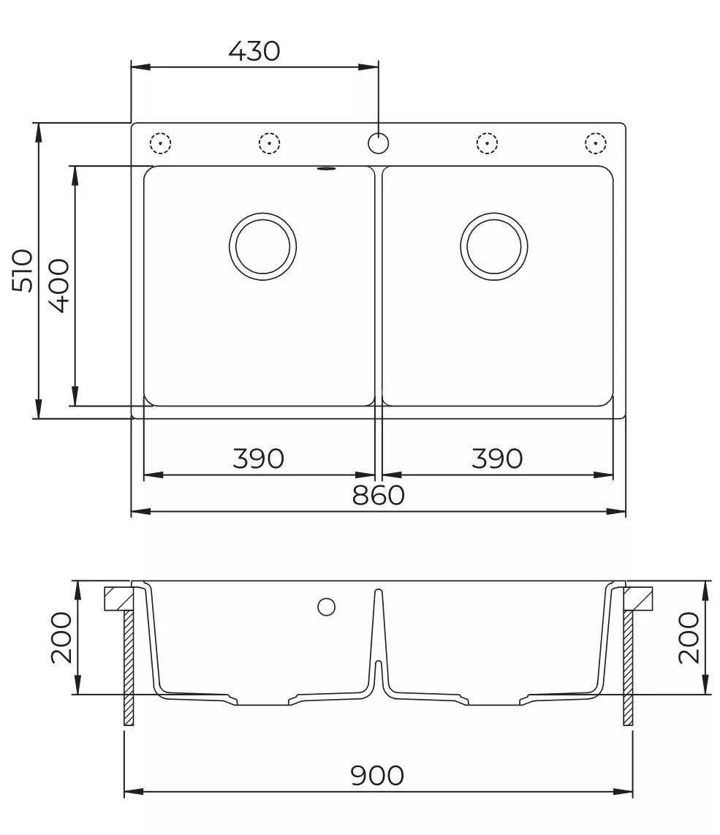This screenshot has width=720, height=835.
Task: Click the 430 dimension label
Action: click(x=254, y=51)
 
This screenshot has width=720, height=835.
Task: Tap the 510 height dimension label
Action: click(x=23, y=270)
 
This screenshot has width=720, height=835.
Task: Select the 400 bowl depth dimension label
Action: click(x=59, y=285)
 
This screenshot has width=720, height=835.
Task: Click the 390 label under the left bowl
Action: click(x=258, y=458)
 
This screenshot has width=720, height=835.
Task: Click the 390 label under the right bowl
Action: click(x=497, y=458)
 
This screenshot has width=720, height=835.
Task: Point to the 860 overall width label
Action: click(x=378, y=496)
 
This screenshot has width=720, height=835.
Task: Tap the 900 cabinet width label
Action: click(x=377, y=776)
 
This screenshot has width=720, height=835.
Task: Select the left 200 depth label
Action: click(x=61, y=638)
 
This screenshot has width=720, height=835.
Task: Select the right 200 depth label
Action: click(x=689, y=638)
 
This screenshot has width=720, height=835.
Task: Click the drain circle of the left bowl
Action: click(x=263, y=213)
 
